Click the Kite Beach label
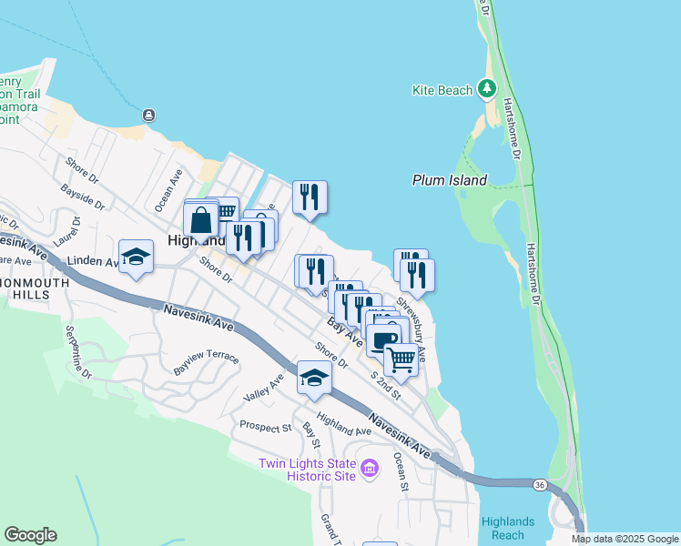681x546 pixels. (442, 90)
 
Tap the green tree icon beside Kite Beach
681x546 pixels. (488, 88)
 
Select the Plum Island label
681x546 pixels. (449, 180)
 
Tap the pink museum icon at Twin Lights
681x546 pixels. (370, 469)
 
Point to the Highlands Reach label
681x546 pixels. (508, 527)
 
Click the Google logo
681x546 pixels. (31, 535)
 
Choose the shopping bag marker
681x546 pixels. (200, 220)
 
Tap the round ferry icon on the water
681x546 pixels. (148, 115)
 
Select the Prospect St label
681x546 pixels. (265, 426)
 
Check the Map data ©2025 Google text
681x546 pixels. (624, 539)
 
